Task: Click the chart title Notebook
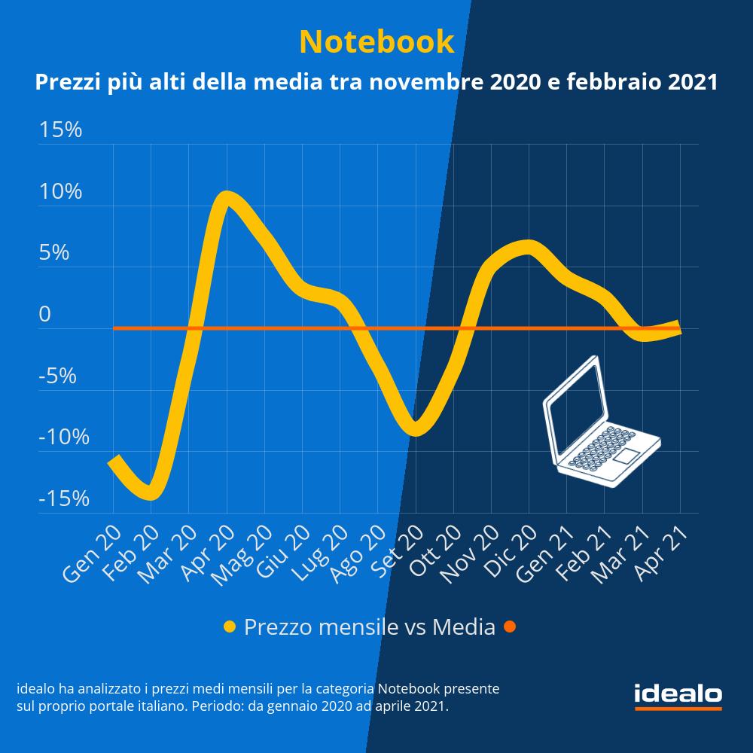pyautogui.click(x=376, y=41)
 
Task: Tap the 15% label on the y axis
pyautogui.click(x=61, y=130)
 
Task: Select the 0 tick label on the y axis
pyautogui.click(x=45, y=315)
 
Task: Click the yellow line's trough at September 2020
pyautogui.click(x=416, y=429)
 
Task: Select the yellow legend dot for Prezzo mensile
pyautogui.click(x=230, y=626)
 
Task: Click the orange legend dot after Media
pyautogui.click(x=510, y=626)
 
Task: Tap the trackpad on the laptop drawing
pyautogui.click(x=626, y=456)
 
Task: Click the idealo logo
pyautogui.click(x=678, y=694)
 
